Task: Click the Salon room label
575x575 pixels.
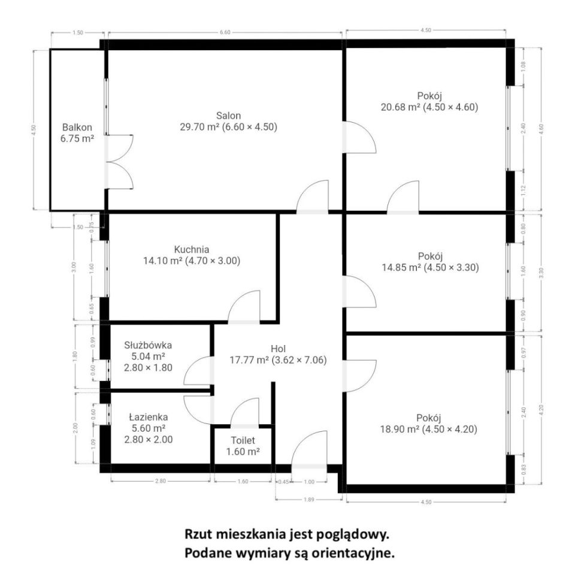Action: tap(228, 116)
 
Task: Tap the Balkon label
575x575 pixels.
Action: tap(78, 127)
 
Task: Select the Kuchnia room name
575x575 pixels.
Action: tap(192, 249)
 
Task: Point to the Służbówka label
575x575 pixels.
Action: tap(149, 345)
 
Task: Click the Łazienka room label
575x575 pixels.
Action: tap(149, 417)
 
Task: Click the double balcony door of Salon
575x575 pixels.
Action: tap(119, 162)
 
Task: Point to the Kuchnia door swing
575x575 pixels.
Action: tap(244, 307)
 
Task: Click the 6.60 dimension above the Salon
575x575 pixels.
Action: tap(225, 32)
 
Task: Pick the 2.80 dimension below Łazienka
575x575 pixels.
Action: tap(161, 480)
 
